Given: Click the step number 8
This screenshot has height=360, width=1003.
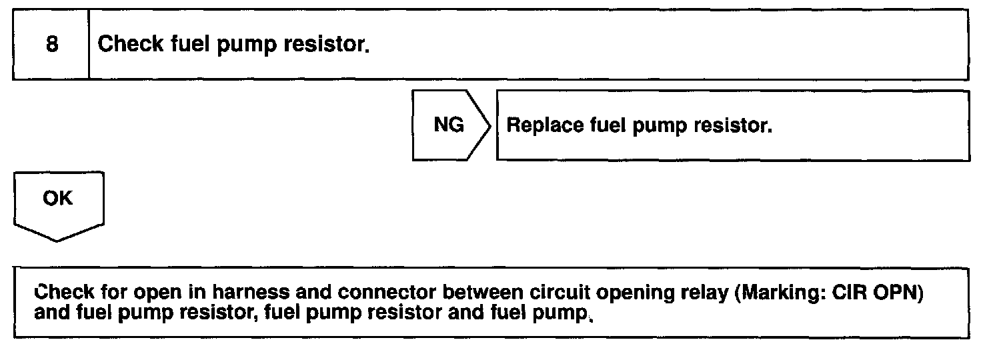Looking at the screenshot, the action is [x=51, y=45].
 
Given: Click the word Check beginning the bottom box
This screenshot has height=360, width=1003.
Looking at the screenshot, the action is [x=63, y=293].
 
